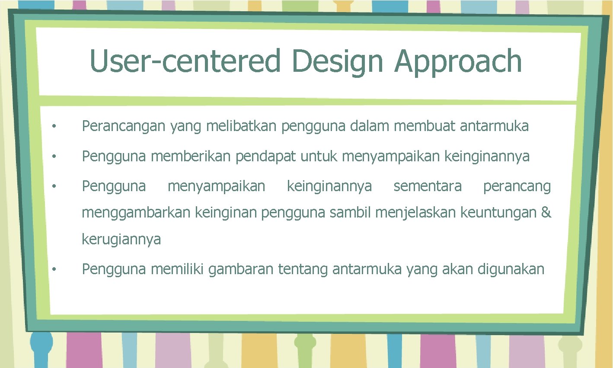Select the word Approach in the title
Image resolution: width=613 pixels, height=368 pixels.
pyautogui.click(x=458, y=61)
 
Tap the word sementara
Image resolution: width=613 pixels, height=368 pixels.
pyautogui.click(x=427, y=186)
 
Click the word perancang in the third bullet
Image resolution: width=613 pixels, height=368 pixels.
pyautogui.click(x=517, y=187)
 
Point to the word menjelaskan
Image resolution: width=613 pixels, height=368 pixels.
pyautogui.click(x=415, y=213)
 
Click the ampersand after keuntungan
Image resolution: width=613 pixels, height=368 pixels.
pyautogui.click(x=546, y=212)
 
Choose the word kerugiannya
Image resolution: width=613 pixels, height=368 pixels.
pyautogui.click(x=121, y=239)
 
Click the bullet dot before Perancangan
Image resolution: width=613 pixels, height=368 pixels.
pyautogui.click(x=54, y=127)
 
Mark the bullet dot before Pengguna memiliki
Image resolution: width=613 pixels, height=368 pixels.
pyautogui.click(x=54, y=270)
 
